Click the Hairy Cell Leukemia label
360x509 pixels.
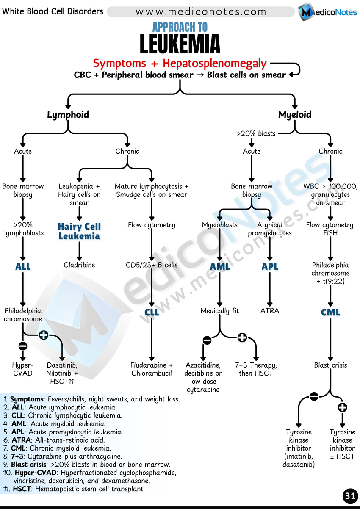pos(79,231)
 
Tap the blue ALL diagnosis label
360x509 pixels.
pos(23,267)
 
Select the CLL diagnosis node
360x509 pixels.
pos(152,313)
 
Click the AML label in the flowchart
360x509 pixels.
pos(220,267)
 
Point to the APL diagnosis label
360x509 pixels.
pos(270,267)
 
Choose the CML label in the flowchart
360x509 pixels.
pos(330,313)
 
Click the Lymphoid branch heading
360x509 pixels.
pos(68,114)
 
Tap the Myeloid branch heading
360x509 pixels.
pos(295,114)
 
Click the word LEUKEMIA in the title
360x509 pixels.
pos(180,44)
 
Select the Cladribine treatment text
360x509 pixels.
pos(79,265)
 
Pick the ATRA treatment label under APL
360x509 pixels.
pos(270,311)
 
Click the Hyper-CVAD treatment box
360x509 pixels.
pos(23,369)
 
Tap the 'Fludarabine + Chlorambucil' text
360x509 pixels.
pos(152,369)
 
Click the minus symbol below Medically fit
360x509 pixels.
pos(207,340)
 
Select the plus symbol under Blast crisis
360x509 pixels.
pos(342,407)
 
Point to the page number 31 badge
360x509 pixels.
pos(350,496)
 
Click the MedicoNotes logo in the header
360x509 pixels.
pos(327,12)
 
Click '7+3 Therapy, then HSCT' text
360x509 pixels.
pos(256,369)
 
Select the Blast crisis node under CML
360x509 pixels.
pos(330,365)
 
